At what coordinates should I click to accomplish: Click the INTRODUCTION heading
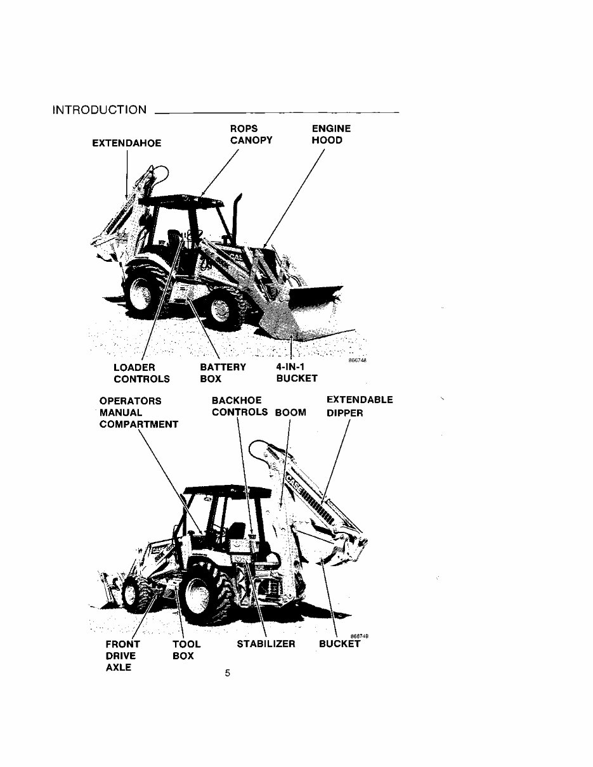99,110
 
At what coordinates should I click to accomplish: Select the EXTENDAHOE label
127,143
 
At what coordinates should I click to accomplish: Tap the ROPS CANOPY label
251,134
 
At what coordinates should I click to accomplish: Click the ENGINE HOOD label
330,134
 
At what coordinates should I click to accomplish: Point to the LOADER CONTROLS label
141,373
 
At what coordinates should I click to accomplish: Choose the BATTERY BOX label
223,373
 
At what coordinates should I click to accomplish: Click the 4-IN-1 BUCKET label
297,373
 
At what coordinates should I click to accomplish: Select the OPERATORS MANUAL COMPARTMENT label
138,413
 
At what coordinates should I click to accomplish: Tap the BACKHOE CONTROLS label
239,406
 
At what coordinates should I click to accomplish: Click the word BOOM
290,413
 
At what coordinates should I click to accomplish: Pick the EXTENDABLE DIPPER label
359,406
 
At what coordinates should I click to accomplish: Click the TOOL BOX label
186,650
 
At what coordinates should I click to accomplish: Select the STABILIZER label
266,644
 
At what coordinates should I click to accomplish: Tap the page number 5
227,673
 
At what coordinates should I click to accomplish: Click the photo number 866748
358,361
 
